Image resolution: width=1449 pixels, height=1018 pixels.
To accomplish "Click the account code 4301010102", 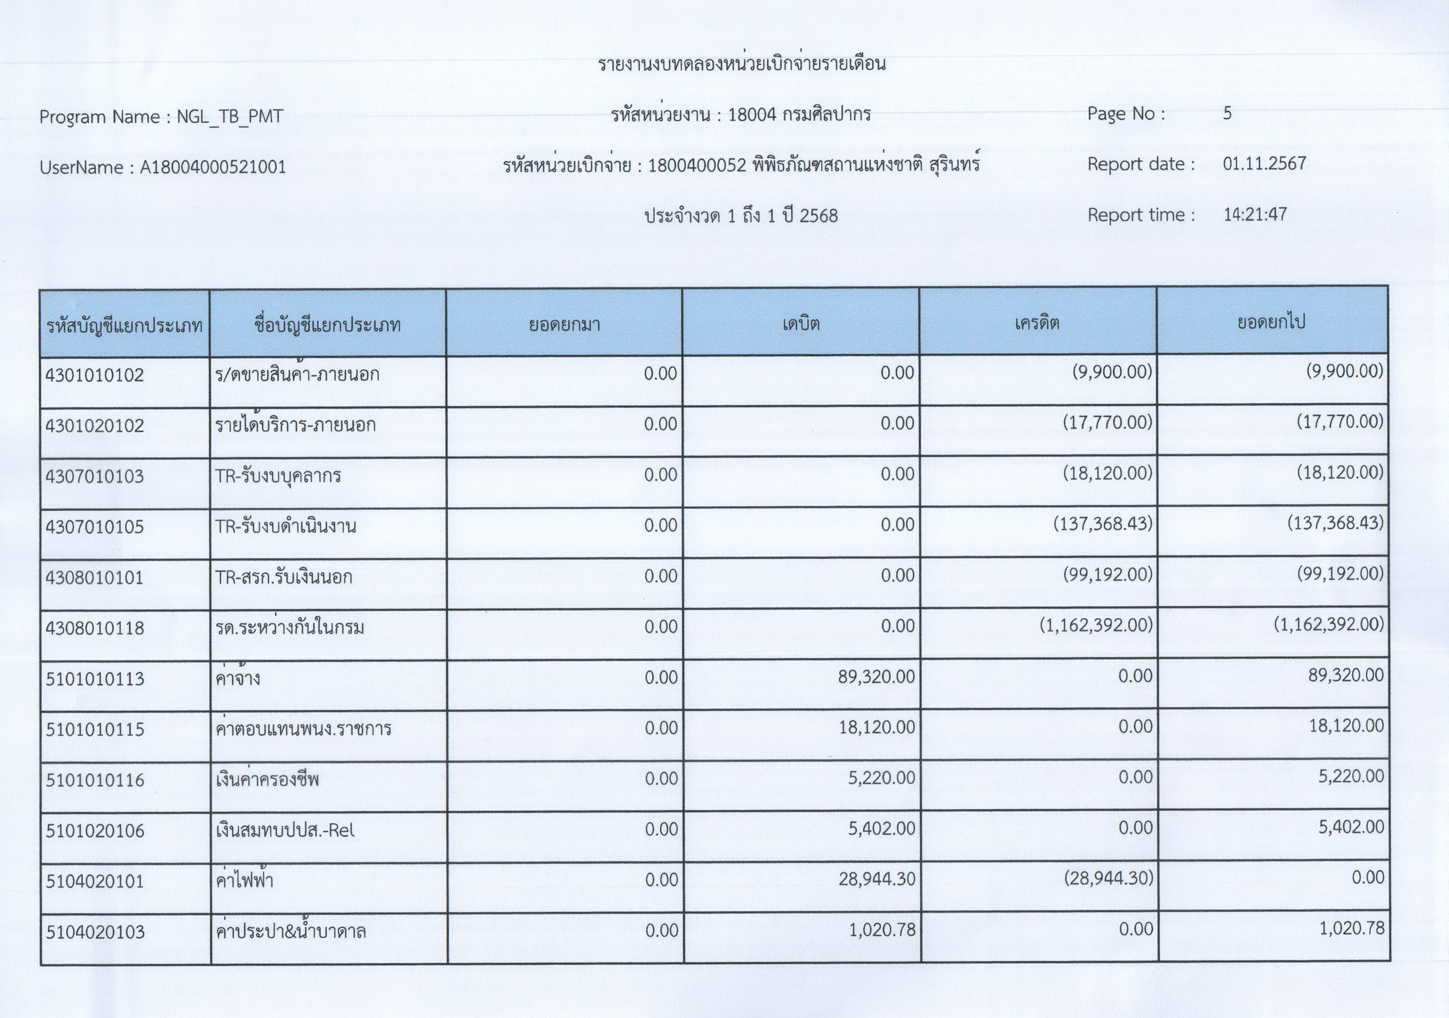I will (x=95, y=375).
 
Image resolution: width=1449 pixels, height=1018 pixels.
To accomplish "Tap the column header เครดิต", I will (x=1037, y=323).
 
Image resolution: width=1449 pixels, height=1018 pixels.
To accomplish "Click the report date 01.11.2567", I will (x=1264, y=164).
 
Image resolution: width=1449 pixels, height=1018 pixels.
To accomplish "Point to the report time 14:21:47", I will (x=1254, y=215).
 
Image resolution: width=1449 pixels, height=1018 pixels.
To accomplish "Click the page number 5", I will (x=1227, y=114).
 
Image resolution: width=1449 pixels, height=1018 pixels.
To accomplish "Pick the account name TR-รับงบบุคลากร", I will (x=278, y=475).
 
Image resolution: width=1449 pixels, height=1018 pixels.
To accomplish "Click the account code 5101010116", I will (x=95, y=780).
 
